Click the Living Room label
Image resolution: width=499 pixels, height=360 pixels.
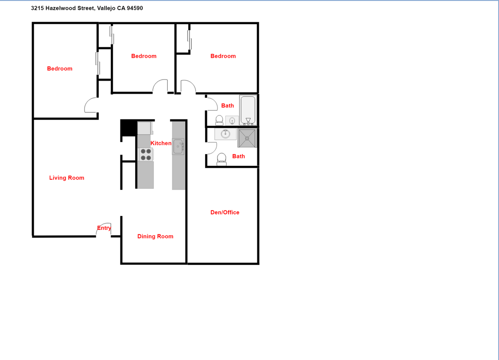[67, 178]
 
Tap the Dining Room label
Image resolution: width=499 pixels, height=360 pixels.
[155, 236]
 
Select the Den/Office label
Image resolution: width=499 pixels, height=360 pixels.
[225, 213]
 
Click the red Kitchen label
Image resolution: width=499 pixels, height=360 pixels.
[161, 143]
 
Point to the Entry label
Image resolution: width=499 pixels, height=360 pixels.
[104, 228]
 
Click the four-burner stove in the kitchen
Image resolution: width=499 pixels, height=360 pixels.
[146, 154]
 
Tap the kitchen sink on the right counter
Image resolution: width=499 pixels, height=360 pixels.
[178, 147]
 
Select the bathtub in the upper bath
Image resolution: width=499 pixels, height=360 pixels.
[248, 110]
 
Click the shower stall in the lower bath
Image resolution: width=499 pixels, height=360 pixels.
[247, 138]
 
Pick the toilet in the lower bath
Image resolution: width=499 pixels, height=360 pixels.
[221, 159]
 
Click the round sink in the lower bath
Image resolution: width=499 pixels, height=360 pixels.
[225, 134]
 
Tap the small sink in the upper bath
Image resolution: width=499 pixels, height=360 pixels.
[232, 121]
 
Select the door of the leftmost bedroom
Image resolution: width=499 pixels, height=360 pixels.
[90, 105]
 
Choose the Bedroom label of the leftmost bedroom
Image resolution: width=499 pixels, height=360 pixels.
[60, 69]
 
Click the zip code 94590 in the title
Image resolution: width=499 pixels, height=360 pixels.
[135, 8]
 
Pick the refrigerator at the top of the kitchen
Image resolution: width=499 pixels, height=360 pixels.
[144, 128]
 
